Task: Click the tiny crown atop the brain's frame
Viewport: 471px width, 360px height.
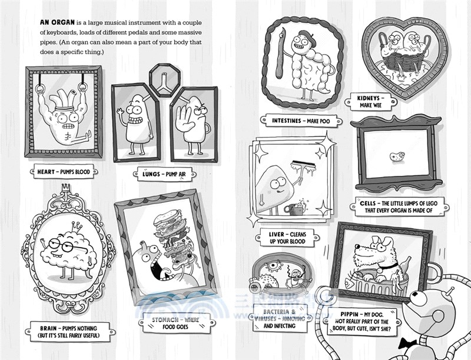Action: [x=66, y=188]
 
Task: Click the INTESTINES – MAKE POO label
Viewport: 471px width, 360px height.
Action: [x=301, y=120]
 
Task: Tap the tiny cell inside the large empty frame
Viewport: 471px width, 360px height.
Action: [x=397, y=157]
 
